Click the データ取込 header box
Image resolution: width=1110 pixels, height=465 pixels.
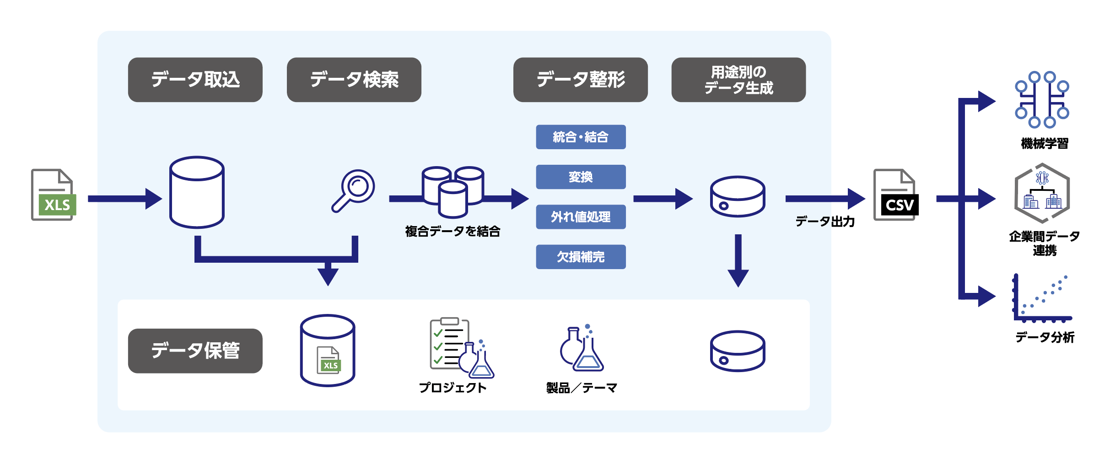point(195,80)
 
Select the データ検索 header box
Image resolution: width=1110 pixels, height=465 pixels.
point(354,80)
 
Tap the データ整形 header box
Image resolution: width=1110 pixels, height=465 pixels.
point(580,80)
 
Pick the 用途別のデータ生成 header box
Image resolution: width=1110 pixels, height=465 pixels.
point(738,80)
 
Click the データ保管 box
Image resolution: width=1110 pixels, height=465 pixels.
point(195,351)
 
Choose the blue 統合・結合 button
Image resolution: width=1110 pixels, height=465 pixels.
point(581,137)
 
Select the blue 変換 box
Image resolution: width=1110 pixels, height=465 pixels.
point(581,177)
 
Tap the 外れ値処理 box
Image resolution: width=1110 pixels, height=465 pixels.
point(581,217)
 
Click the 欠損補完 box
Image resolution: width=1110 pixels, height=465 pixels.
point(581,257)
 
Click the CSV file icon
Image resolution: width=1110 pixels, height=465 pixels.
point(895,195)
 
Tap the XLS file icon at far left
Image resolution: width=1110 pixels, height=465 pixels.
point(53,195)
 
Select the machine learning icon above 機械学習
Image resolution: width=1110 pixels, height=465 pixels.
point(1042,99)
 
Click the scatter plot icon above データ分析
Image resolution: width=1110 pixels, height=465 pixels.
point(1042,298)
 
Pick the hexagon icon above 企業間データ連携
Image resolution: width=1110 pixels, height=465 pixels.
point(1042,193)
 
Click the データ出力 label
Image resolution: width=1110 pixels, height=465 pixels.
point(824,222)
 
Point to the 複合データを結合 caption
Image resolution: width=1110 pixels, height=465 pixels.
point(452,232)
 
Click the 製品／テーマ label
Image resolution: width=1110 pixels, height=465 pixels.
point(582,388)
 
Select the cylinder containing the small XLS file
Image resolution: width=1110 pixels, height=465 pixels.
point(328,351)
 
